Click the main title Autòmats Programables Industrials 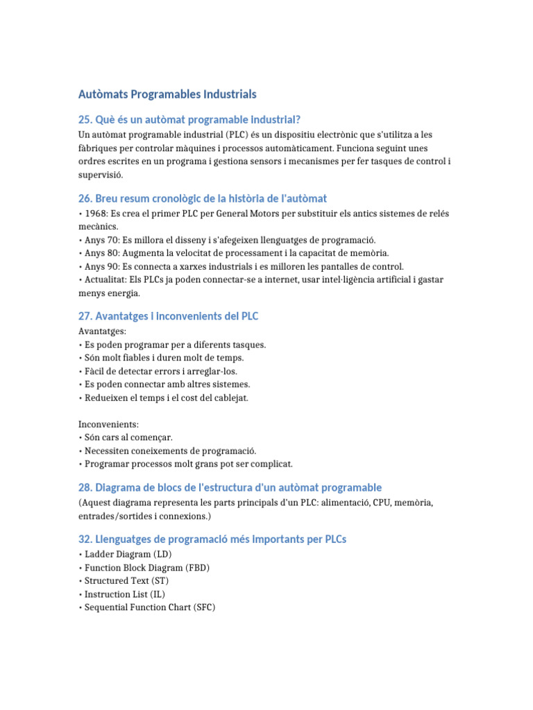167,94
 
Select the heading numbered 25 189,119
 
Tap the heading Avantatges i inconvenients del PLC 169,316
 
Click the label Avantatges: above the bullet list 103,331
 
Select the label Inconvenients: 109,424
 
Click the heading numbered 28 230,487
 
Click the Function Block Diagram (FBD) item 147,568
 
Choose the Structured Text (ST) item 126,581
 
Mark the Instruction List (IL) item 124,594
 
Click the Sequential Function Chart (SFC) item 149,607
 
